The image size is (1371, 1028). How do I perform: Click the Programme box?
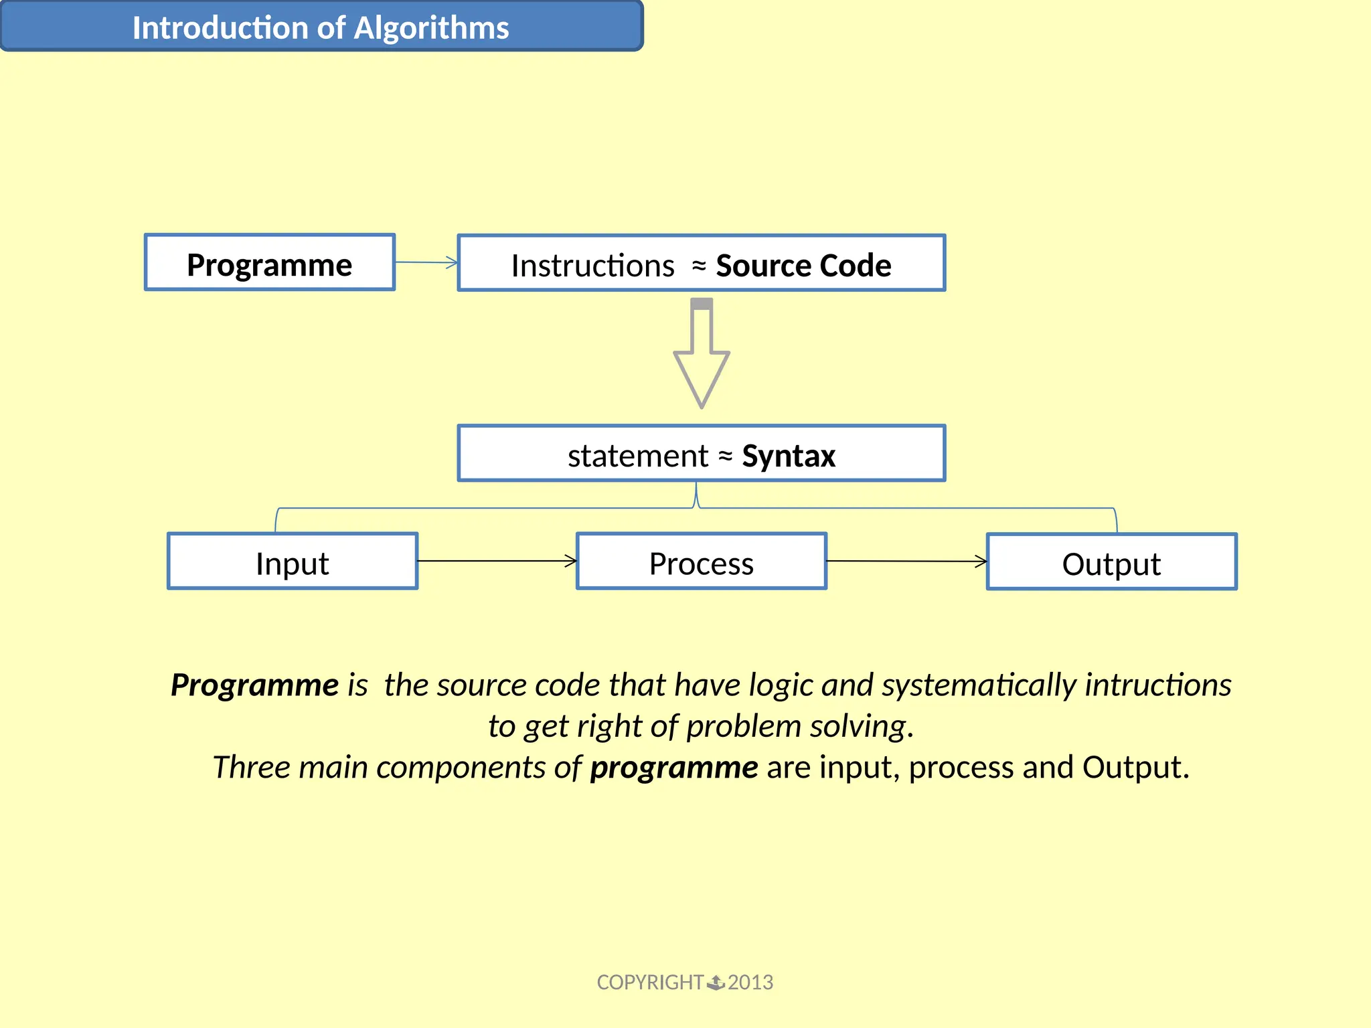coord(269,263)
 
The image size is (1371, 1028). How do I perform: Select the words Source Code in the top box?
coord(803,266)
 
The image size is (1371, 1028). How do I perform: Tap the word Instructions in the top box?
coord(592,266)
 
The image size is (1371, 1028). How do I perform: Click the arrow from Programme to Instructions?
coord(426,262)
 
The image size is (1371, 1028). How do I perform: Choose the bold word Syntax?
coord(789,456)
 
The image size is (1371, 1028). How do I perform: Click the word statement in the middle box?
coord(637,456)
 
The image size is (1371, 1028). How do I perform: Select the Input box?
coord(293,562)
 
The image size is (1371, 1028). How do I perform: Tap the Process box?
coord(701,562)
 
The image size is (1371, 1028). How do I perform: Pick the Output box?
coord(1111,563)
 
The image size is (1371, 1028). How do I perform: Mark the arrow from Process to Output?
coord(906,562)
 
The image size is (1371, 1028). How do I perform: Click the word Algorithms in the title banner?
coord(431,28)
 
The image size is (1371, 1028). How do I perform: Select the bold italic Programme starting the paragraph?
coord(254,685)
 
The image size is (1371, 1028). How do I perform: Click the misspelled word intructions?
coord(1157,685)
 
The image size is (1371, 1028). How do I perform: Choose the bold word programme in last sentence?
coord(673,767)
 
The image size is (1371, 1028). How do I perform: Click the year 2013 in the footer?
coord(750,982)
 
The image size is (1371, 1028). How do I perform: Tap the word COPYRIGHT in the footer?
coord(649,982)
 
